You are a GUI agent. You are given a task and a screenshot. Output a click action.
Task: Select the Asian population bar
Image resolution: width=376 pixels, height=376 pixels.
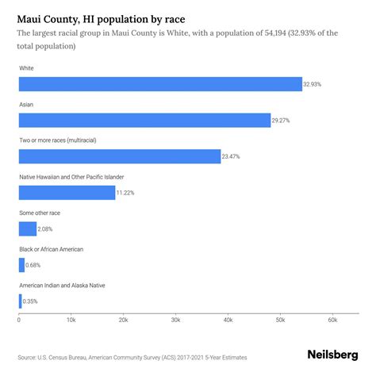144,121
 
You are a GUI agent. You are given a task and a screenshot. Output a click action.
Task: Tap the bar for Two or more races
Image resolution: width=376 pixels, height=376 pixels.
119,156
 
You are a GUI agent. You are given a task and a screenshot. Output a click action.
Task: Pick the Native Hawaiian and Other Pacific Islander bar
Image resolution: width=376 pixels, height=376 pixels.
67,193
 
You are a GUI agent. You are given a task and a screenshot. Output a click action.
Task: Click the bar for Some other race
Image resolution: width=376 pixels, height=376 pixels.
28,229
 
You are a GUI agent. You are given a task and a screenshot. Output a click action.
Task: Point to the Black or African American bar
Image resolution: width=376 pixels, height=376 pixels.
21,265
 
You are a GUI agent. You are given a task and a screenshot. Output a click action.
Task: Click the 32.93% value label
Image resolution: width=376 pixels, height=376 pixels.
314,84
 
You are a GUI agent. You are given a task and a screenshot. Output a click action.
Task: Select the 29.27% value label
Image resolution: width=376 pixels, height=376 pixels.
282,121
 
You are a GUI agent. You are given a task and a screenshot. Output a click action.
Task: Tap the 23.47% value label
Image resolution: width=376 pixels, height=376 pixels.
232,157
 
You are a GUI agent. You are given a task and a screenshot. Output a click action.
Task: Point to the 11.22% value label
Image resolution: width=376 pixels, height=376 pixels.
127,193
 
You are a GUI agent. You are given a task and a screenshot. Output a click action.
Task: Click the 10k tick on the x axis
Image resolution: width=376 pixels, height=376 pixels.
71,320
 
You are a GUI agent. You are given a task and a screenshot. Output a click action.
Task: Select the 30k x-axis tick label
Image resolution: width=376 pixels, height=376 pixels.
175,320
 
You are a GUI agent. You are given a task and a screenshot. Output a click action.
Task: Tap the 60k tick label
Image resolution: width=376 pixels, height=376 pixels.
332,320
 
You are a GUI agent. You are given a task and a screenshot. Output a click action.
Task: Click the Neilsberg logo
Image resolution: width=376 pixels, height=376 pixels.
332,356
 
